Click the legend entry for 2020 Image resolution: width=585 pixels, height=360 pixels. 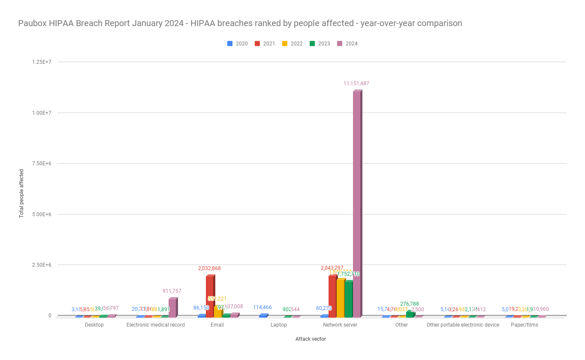(x=238, y=44)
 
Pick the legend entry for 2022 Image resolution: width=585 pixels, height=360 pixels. (x=293, y=44)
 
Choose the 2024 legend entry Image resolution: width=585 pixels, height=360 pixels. (x=347, y=44)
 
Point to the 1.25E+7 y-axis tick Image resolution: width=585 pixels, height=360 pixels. (x=42, y=62)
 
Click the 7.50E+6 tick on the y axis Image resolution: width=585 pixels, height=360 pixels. (x=42, y=163)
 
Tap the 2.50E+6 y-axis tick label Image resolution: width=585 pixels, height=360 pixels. (x=42, y=265)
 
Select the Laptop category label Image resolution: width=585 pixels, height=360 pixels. (x=279, y=325)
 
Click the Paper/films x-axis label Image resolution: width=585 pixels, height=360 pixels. (x=524, y=325)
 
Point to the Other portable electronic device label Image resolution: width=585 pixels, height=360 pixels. (x=463, y=325)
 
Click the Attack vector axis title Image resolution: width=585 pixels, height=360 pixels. (x=310, y=339)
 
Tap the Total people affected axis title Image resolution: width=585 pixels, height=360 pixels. (x=20, y=193)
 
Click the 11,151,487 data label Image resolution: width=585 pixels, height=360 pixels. (x=357, y=83)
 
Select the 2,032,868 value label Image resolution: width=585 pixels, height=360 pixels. (x=210, y=268)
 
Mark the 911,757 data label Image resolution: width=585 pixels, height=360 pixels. (x=173, y=291)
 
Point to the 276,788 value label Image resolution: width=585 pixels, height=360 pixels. (x=409, y=304)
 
